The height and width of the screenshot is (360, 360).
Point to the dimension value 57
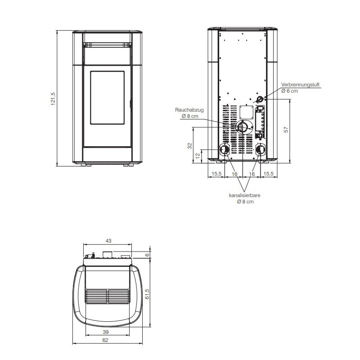286,130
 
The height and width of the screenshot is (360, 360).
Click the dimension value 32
190,145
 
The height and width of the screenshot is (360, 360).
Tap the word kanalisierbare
245,196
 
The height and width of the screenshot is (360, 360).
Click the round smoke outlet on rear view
243,127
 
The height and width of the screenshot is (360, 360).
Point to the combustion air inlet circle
260,99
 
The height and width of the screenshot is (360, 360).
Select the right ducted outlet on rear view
261,149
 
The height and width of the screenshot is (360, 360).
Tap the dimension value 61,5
147,294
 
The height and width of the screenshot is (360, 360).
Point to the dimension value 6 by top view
147,255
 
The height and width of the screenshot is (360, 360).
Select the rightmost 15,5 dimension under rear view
269,173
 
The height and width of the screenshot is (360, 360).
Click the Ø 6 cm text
289,91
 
